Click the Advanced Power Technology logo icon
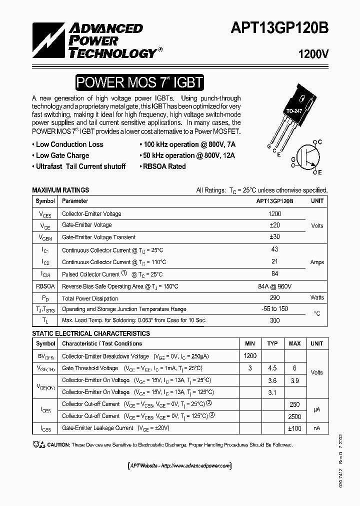[47, 40]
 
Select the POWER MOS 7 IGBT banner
[139, 82]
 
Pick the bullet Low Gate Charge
[62, 155]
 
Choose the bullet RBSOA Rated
[163, 166]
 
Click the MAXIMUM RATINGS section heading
[60, 190]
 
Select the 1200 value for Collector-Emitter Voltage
[274, 214]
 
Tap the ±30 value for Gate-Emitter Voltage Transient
[274, 237]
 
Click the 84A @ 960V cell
[274, 286]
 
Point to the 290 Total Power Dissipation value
[274, 298]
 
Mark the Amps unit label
[317, 262]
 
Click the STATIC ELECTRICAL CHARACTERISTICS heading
[91, 333]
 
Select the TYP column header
[272, 343]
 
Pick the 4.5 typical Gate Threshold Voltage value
[272, 368]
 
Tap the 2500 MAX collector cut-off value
[295, 416]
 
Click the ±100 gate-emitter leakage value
[295, 428]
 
